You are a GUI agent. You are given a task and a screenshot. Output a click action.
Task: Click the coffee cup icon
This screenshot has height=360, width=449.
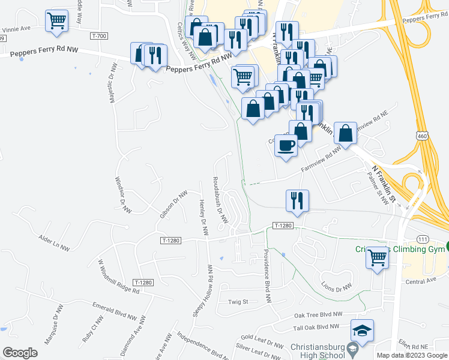point(286,145)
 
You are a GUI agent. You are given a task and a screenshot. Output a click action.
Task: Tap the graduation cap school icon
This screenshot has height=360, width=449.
point(363,331)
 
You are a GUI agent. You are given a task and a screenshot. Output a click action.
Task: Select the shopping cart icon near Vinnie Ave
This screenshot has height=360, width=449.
point(56,21)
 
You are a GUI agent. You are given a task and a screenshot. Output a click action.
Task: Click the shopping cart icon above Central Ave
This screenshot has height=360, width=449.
point(378,258)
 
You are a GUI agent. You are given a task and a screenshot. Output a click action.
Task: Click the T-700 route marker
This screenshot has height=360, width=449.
point(99,37)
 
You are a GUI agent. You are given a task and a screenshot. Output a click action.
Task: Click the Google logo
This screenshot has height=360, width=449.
point(20,353)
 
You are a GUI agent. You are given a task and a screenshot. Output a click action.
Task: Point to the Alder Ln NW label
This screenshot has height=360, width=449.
point(53,242)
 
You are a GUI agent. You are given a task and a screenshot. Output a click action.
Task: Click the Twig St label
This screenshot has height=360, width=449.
point(238,302)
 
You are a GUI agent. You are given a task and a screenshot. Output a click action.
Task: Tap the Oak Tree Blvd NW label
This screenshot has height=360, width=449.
point(318,314)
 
